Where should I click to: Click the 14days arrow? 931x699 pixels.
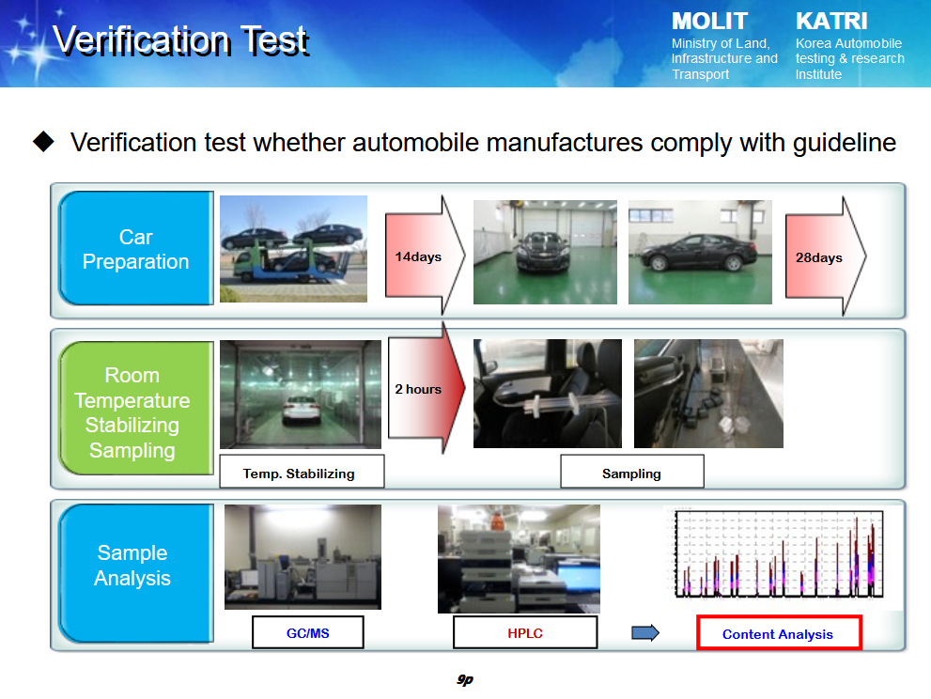[424, 256]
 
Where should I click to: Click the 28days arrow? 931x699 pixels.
[825, 256]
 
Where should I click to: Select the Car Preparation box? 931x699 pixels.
[136, 248]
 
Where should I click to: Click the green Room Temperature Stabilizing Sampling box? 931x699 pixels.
[136, 408]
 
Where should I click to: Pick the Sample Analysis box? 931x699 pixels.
[136, 573]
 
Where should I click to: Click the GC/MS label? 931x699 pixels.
[307, 633]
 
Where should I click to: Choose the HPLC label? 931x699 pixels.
[525, 633]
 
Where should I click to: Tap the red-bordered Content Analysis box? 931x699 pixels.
[779, 633]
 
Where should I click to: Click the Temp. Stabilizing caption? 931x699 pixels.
[302, 473]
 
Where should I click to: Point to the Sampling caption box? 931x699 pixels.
[632, 473]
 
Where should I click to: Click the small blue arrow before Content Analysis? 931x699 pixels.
[645, 633]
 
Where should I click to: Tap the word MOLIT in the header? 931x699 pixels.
[709, 22]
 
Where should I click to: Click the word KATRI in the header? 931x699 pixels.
[831, 22]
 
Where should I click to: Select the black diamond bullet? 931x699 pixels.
[43, 142]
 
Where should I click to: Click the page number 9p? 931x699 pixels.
[465, 679]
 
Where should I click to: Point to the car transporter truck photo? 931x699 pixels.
[293, 249]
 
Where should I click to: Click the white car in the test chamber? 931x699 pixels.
[301, 410]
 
